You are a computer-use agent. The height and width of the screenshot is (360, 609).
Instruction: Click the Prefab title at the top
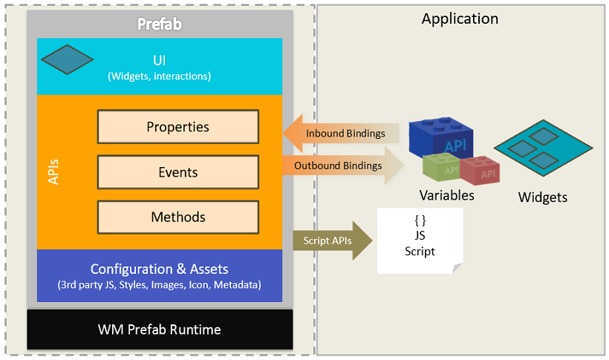160,24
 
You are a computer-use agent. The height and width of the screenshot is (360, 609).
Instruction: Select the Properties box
178,127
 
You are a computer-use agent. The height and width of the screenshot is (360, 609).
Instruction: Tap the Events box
178,172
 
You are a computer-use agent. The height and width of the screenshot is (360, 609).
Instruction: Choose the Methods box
178,217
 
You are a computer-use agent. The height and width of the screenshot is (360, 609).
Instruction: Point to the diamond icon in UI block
67,60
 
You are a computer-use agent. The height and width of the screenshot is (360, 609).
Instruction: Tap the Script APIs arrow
330,240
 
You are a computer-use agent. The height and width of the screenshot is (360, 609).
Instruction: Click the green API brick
441,168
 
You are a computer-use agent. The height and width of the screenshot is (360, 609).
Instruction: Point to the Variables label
446,196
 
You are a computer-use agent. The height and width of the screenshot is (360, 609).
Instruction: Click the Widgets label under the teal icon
542,197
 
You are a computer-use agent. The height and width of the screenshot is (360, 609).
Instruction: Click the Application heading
460,19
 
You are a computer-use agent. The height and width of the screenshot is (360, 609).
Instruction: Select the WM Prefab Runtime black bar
160,329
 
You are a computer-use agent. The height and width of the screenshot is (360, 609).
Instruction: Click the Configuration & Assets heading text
160,269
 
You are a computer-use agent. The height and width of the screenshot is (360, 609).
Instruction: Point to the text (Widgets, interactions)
160,76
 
